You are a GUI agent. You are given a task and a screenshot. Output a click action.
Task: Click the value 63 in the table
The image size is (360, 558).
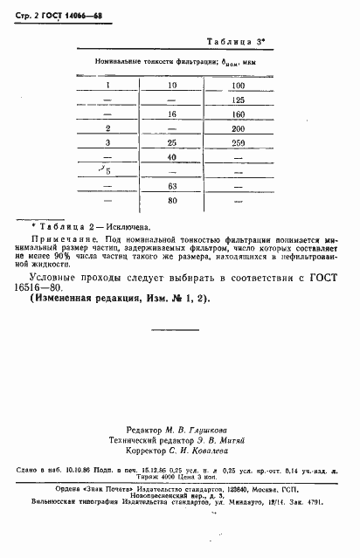click(172, 186)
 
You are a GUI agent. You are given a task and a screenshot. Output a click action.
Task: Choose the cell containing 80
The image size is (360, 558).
click(172, 201)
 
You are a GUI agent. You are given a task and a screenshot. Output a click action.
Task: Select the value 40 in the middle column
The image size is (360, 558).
click(172, 156)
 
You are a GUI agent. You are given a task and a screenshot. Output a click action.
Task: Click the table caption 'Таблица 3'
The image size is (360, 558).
click(239, 42)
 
